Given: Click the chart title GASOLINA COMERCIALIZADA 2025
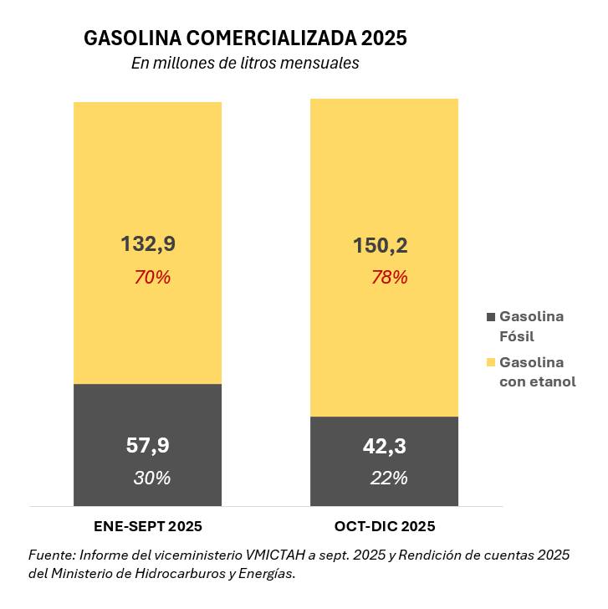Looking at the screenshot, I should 245,38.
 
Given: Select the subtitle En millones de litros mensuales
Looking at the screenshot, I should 245,64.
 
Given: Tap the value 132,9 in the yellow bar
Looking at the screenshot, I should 148,244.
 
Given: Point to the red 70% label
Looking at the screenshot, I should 152,277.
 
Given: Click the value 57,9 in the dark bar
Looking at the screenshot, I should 148,446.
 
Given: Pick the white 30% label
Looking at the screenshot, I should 152,478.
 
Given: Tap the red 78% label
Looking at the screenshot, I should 390,277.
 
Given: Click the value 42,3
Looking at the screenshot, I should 385,447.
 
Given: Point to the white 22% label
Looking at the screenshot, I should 389,478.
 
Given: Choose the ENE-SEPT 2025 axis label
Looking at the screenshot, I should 148,527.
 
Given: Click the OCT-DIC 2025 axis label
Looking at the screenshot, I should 385,527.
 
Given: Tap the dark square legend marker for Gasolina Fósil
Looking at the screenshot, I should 490,317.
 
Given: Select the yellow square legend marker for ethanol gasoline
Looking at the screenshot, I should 490,362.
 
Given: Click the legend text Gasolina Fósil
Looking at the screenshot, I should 531,326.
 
